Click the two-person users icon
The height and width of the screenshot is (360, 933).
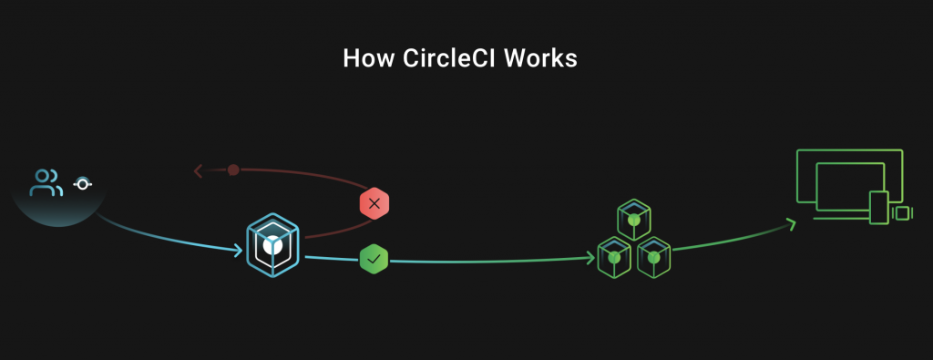[46, 182]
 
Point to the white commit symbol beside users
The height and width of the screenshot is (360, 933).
[83, 184]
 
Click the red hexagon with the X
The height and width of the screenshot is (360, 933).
[374, 203]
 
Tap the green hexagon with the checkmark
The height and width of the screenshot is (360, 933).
[374, 260]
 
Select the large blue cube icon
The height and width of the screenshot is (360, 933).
[272, 245]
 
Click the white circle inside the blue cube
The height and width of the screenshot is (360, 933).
[272, 244]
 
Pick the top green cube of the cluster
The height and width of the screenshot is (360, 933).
[634, 220]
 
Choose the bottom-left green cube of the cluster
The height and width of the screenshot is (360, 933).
[614, 257]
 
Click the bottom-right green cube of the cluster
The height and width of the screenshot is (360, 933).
[654, 257]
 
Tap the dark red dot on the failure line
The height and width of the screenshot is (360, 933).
[233, 170]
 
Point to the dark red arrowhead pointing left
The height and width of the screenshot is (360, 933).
[199, 171]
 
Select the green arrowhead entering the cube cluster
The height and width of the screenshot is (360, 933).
[590, 258]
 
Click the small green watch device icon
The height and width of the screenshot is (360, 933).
[903, 213]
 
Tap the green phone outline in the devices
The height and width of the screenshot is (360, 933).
[879, 208]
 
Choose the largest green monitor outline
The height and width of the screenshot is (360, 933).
[849, 150]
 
